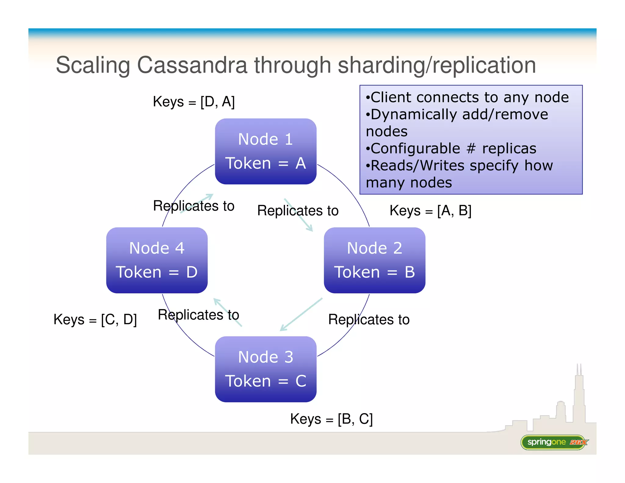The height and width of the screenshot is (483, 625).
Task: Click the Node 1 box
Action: coord(266,151)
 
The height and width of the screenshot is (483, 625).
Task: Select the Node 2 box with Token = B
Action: coord(374,260)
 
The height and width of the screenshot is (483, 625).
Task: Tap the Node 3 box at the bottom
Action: coord(266,369)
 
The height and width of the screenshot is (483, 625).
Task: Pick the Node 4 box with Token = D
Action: coord(157,260)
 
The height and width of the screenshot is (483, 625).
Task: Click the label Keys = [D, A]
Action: coord(194,102)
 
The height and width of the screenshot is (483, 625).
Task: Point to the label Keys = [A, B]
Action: coord(430,211)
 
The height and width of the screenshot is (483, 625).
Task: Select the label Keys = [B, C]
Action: coord(331,419)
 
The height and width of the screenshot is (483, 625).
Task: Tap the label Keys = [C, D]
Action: coord(95,320)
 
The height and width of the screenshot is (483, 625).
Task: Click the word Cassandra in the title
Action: coord(192,65)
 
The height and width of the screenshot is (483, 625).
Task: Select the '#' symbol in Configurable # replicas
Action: coord(471,149)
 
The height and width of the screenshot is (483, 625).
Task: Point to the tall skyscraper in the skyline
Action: coord(579,397)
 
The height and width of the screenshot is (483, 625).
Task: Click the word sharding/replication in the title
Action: coord(437,65)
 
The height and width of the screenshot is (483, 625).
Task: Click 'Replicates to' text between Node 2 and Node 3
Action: coord(369,320)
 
